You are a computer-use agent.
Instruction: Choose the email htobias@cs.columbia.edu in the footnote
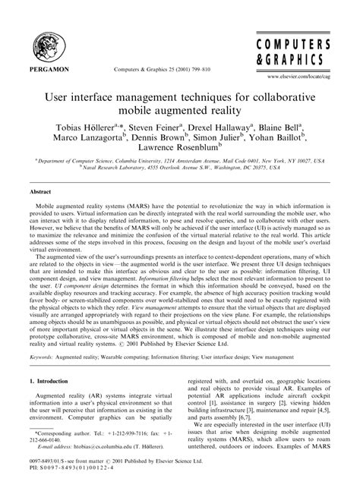click(95, 448)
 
